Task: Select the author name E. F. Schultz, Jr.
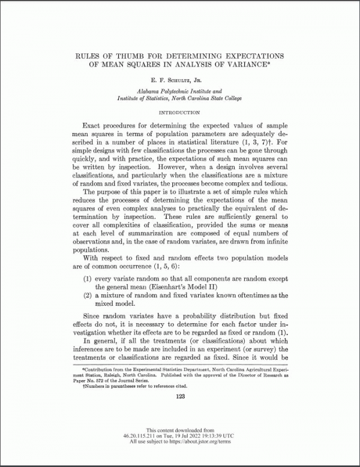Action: pos(179,79)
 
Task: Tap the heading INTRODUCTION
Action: pos(179,112)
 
